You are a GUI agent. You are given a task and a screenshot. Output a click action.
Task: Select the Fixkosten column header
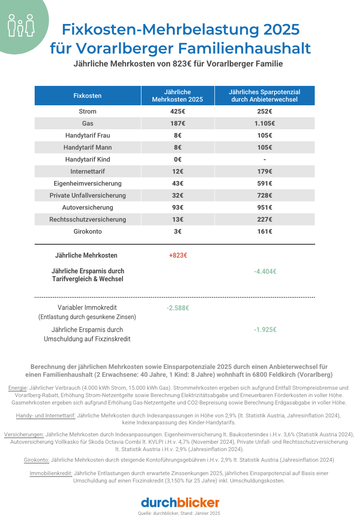[87, 96]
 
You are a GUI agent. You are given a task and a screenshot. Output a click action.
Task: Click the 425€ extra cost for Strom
[177, 111]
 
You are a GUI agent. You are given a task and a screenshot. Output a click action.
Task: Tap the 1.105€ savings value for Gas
[264, 123]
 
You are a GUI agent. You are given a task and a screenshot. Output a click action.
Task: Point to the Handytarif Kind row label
[87, 159]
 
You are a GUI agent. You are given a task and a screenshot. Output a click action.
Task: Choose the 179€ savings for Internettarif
[264, 171]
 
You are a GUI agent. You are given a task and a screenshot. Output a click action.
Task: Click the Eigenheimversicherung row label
[87, 183]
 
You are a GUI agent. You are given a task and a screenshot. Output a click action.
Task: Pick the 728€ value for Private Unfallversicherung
[264, 195]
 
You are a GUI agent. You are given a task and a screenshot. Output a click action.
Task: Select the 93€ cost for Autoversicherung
[177, 207]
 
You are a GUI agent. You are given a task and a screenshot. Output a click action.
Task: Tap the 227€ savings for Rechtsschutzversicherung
[264, 219]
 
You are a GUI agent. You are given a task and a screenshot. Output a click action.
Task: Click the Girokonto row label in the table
[87, 231]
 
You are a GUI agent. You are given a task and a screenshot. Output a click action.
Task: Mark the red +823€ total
[177, 255]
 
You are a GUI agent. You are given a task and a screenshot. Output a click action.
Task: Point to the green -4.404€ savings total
[265, 272]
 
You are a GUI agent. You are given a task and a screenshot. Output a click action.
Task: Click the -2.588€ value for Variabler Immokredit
[177, 308]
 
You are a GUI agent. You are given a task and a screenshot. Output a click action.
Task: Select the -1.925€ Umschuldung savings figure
[265, 330]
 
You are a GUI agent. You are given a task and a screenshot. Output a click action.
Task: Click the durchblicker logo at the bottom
[180, 502]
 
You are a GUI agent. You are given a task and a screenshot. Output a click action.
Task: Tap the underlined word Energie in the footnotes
[18, 388]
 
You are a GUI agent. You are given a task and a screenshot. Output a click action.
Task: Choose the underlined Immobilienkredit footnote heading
[50, 473]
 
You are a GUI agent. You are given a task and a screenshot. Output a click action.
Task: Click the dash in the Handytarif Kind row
[264, 159]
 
